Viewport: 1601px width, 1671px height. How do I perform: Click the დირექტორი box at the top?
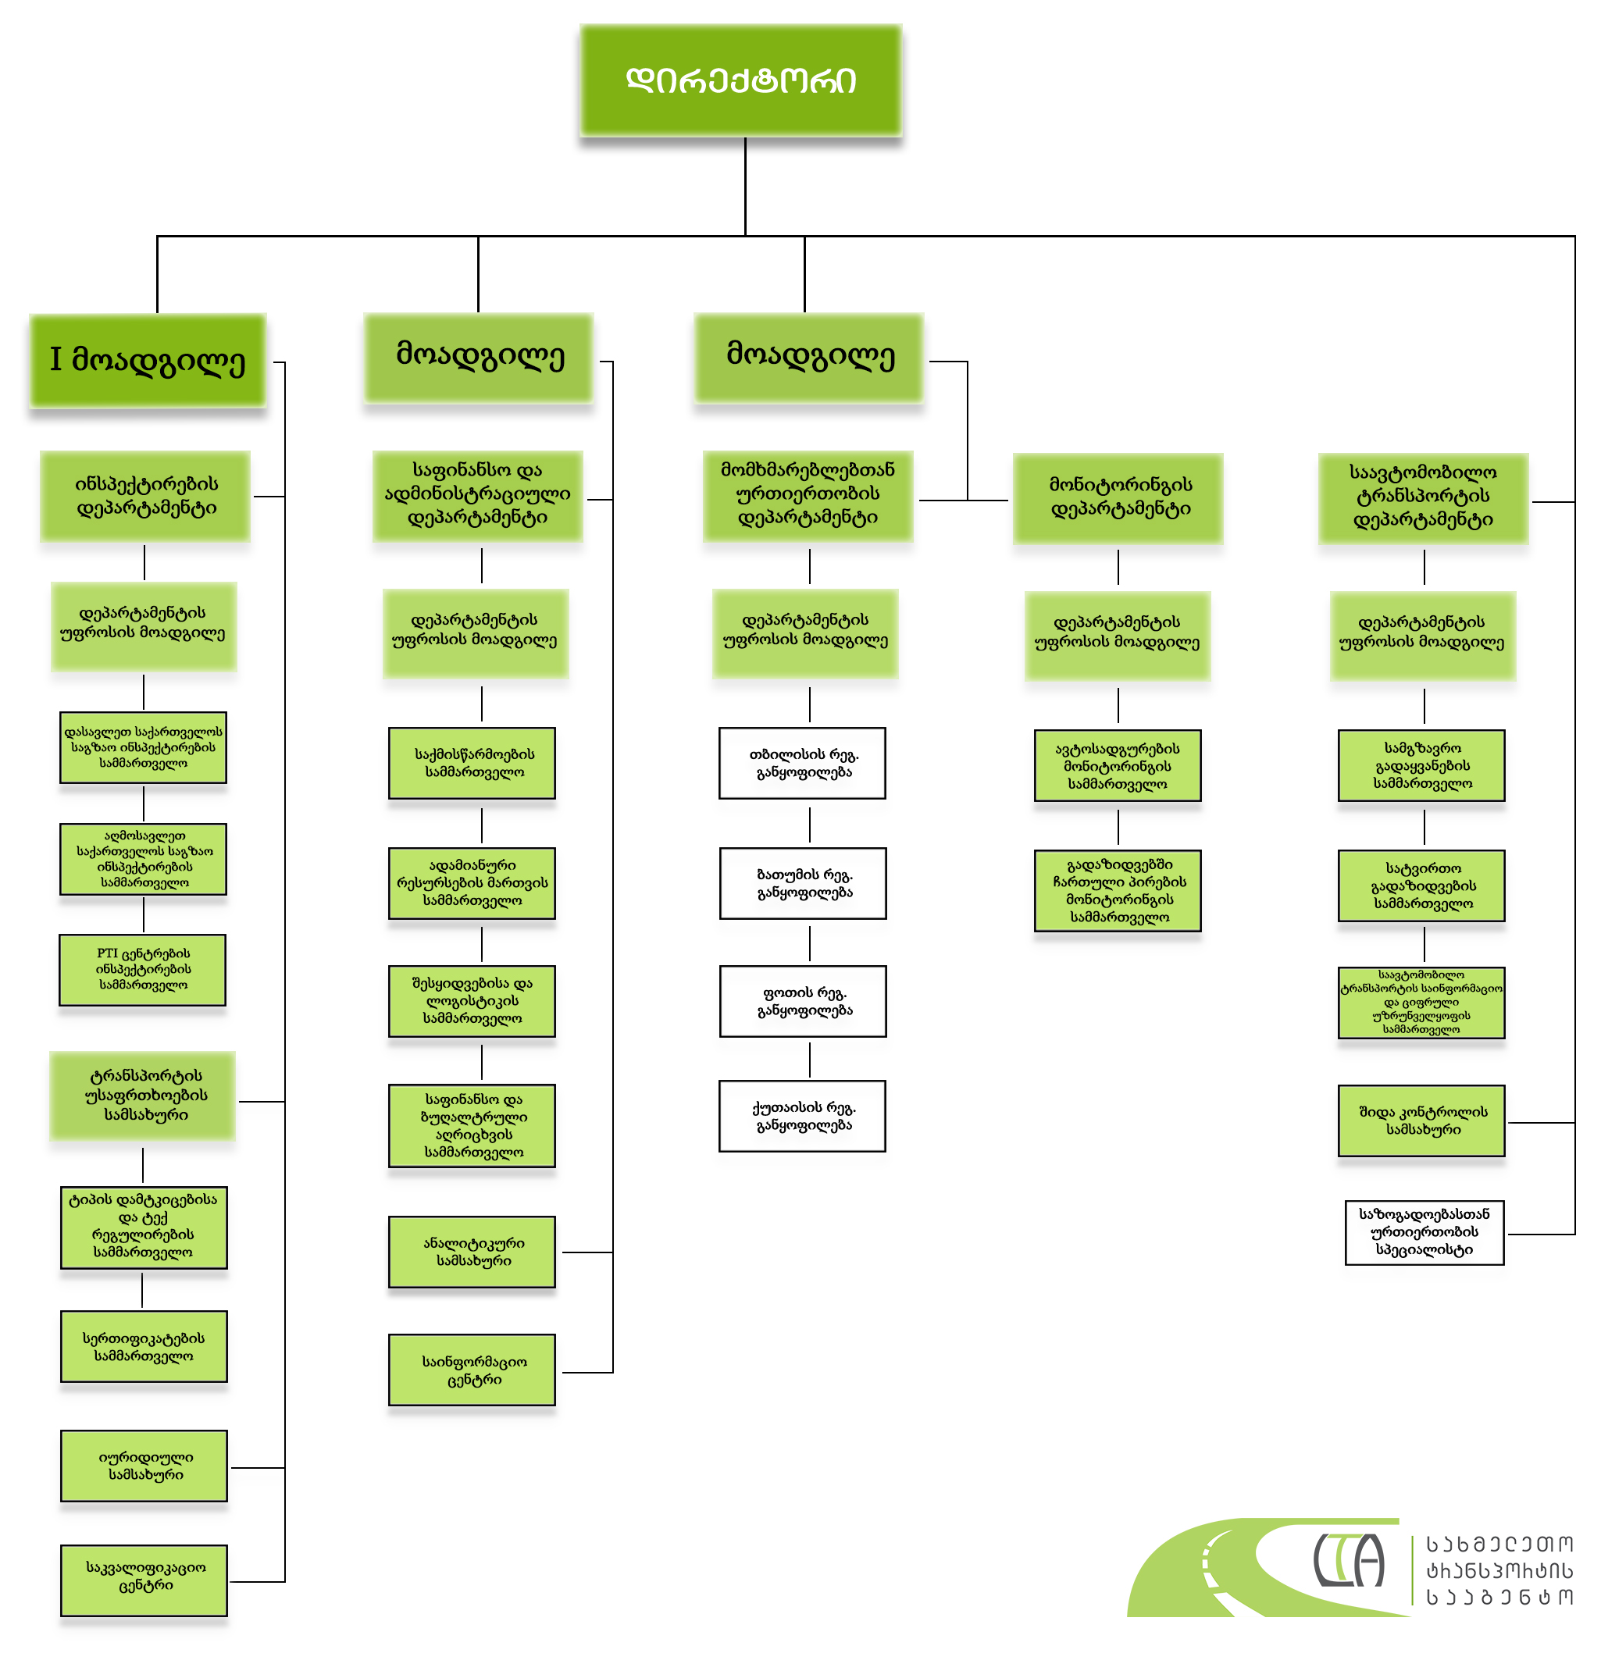[740, 80]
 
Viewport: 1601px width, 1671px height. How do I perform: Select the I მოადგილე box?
[148, 359]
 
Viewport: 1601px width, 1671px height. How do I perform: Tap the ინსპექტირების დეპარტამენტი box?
[145, 495]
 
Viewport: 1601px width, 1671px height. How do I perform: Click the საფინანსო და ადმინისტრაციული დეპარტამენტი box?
[477, 494]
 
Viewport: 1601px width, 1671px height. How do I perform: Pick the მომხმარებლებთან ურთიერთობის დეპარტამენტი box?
[808, 494]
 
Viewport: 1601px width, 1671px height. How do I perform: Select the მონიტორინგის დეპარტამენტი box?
[1118, 497]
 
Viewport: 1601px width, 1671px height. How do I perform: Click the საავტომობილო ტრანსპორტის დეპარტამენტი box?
[1423, 497]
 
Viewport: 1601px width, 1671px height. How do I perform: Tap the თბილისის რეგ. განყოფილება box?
[802, 763]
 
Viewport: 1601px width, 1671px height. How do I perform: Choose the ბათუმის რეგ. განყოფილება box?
[803, 883]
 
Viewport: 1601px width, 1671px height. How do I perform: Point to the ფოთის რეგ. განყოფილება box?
[803, 1001]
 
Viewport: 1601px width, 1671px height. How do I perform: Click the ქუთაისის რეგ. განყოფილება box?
[802, 1116]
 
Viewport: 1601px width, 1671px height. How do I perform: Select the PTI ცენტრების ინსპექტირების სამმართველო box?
[142, 969]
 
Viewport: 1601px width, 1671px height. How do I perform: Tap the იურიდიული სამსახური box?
[144, 1466]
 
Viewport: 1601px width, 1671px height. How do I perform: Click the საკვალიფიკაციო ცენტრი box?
[144, 1580]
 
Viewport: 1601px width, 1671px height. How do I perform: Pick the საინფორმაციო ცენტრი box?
[472, 1369]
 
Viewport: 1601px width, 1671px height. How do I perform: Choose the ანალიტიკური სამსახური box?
[472, 1252]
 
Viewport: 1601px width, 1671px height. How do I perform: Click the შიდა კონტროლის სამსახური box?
[1421, 1121]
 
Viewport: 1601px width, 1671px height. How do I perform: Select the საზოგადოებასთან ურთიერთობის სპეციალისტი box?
[1424, 1232]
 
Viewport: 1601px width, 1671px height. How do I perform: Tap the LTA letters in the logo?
[1348, 1560]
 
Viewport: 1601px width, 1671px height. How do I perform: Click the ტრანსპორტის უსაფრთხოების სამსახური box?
[142, 1096]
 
